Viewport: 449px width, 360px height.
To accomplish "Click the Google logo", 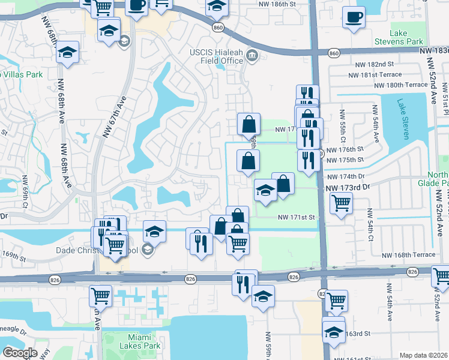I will (x=20, y=353).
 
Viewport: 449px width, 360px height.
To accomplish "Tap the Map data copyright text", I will (x=424, y=355).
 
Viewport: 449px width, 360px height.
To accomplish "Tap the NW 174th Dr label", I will (x=345, y=177).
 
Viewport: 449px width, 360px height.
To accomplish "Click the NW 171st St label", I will (x=296, y=217).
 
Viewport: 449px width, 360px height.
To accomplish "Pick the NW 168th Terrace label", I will (x=407, y=255).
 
